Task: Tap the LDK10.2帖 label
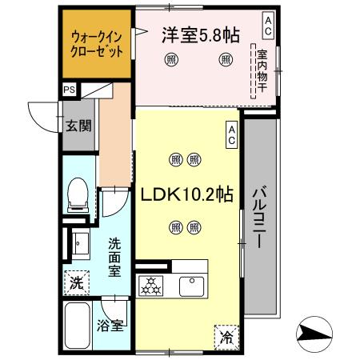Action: (188, 195)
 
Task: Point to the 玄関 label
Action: (78, 125)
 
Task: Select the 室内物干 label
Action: (262, 70)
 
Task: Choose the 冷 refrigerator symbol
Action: (226, 338)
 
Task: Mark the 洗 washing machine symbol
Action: (76, 282)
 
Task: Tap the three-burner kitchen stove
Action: (150, 286)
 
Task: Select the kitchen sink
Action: (192, 285)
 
